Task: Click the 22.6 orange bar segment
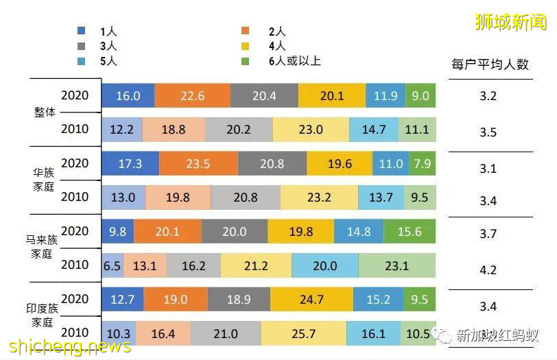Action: (x=192, y=96)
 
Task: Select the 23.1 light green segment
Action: (x=396, y=265)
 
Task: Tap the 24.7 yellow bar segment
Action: (x=311, y=299)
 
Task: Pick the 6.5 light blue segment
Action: (x=112, y=265)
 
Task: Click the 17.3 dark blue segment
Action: (x=130, y=164)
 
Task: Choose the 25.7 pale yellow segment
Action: (x=303, y=334)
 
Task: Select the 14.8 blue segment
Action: (x=358, y=232)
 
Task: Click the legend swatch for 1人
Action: (x=82, y=31)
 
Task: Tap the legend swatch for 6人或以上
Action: (x=252, y=61)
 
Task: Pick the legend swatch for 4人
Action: (x=252, y=46)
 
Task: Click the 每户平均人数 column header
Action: (x=490, y=64)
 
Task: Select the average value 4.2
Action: (x=488, y=270)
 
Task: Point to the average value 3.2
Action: (x=488, y=96)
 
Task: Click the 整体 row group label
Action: (x=45, y=112)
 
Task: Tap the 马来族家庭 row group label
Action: (x=45, y=247)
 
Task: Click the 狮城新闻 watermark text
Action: (x=510, y=22)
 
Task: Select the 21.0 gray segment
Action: (x=225, y=334)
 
